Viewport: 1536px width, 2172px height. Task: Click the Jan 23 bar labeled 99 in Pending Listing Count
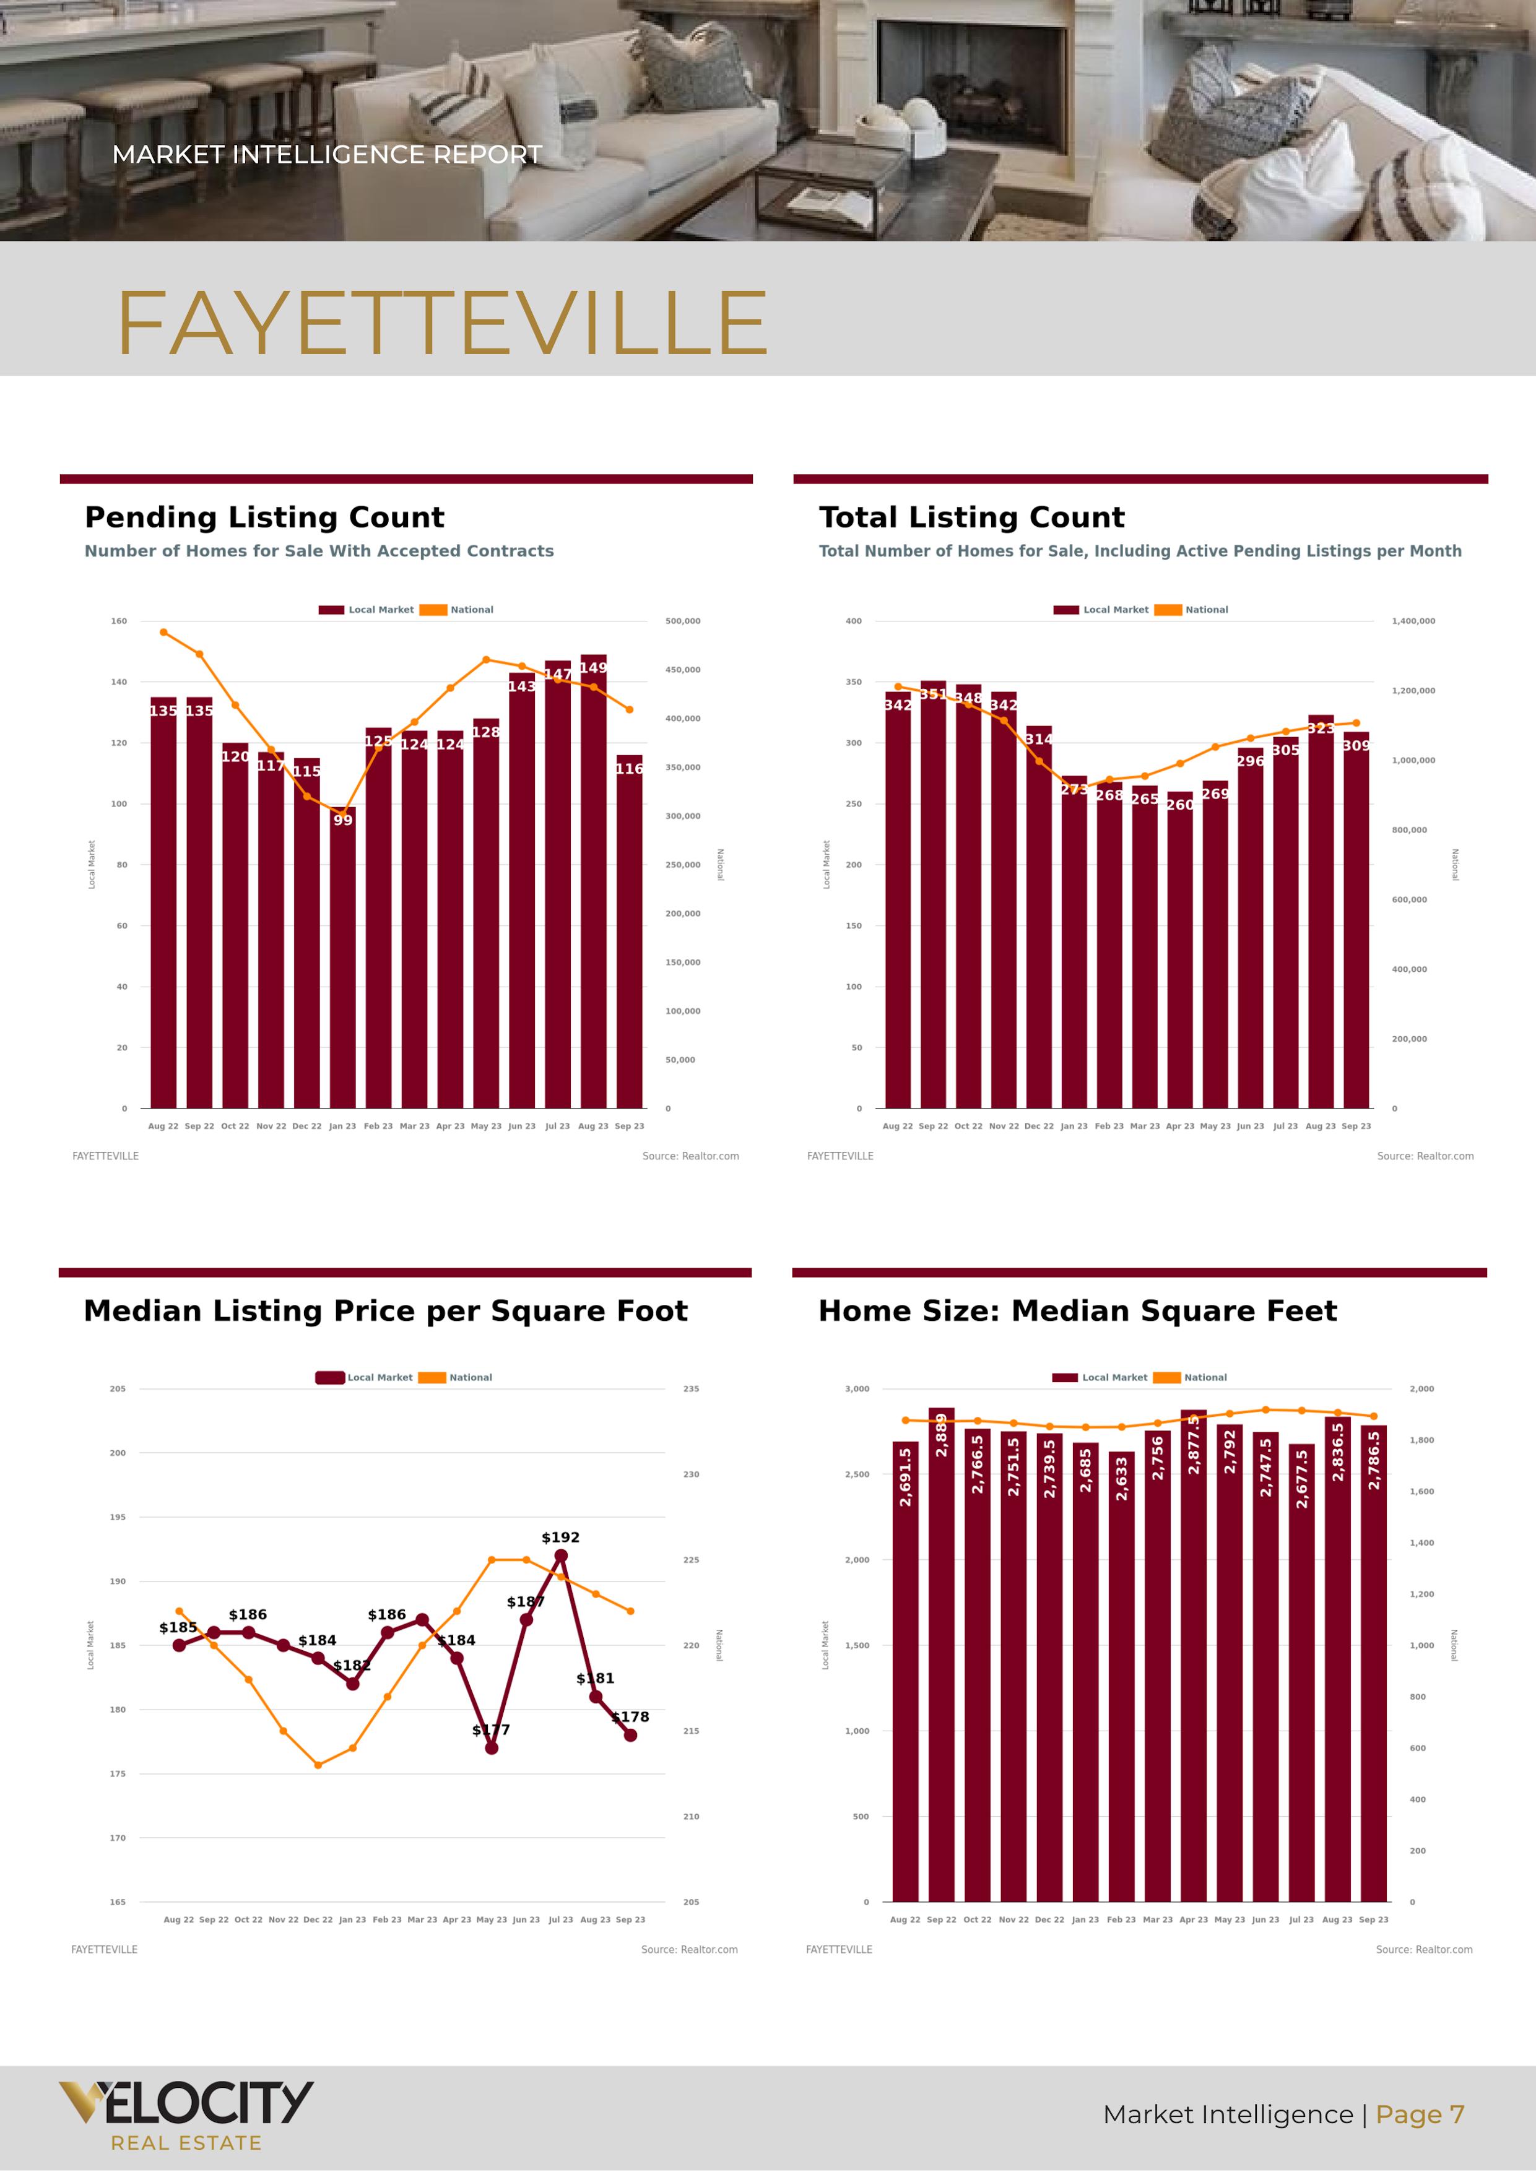(x=342, y=956)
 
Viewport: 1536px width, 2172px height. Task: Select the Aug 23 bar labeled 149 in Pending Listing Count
(x=593, y=880)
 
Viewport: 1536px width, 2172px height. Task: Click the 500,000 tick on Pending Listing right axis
(x=682, y=621)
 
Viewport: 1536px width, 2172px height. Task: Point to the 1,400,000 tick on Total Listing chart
(x=1413, y=621)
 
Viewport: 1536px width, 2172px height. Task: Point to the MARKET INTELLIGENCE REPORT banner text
(x=326, y=154)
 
